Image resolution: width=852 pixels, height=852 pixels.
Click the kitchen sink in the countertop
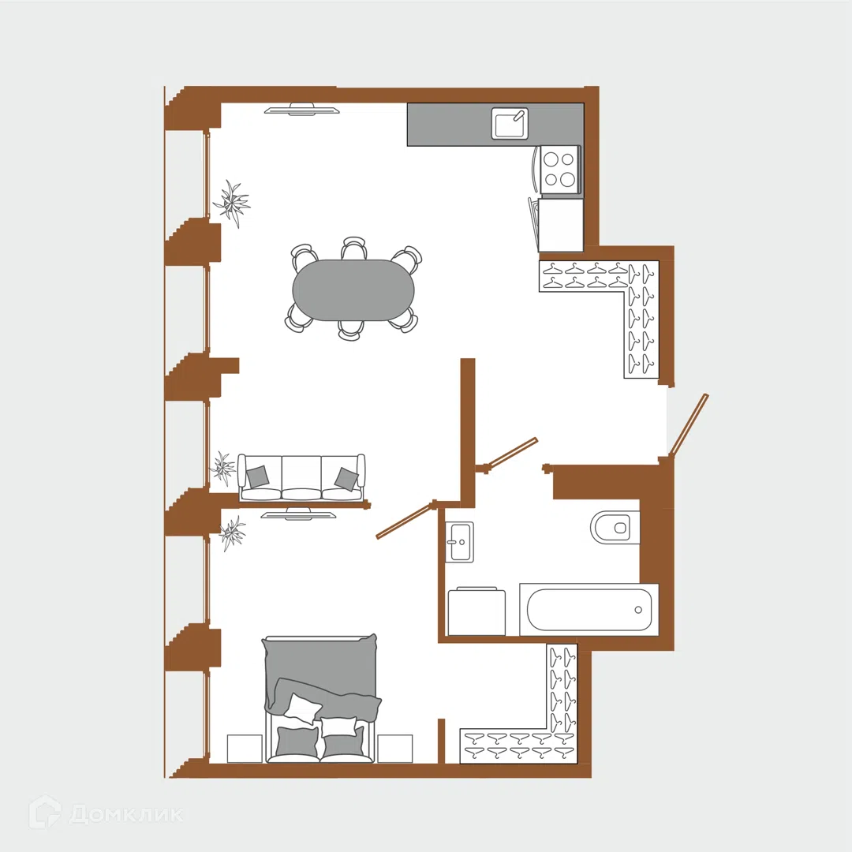pos(510,123)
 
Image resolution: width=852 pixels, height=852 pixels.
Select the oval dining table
pos(353,290)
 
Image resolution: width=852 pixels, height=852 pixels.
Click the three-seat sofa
pos(301,478)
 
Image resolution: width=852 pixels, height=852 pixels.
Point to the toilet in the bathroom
pos(615,527)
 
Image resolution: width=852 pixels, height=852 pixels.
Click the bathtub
pos(589,609)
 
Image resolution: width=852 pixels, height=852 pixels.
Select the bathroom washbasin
pos(459,542)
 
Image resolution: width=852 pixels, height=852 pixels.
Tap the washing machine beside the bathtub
pos(476,611)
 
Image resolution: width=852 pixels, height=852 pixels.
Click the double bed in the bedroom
pos(322,699)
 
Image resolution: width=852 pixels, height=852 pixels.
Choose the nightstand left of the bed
pos(245,749)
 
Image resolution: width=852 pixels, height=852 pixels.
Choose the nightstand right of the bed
pos(395,749)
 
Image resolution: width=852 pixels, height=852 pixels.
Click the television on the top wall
pos(302,109)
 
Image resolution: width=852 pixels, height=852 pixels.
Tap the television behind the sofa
pos(298,514)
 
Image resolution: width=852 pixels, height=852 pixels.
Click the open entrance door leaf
pos(689,424)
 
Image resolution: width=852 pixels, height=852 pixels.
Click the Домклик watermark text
pos(126,814)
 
